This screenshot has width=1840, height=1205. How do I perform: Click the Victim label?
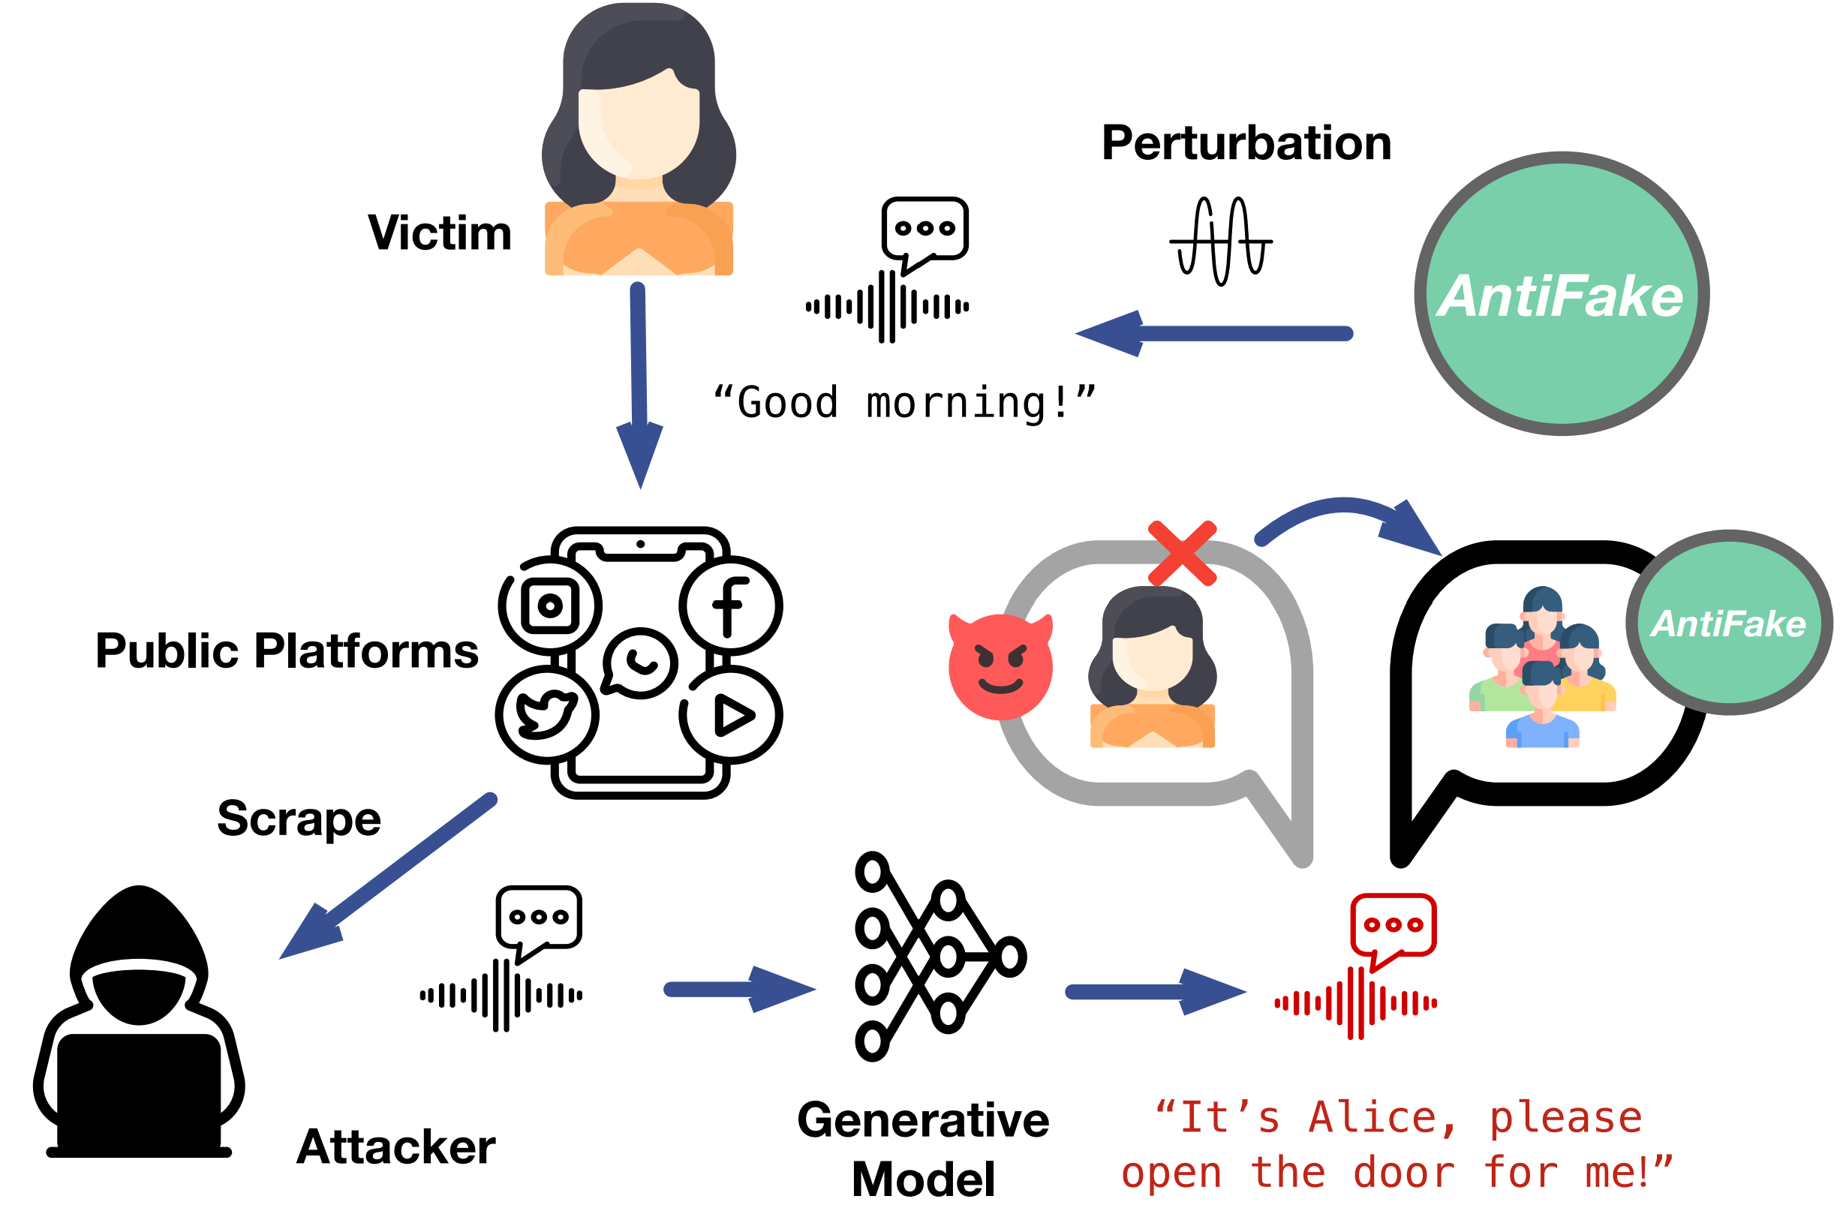coord(439,233)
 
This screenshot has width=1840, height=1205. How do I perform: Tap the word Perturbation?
coord(1246,143)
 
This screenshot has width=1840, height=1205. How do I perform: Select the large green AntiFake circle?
coord(1561,293)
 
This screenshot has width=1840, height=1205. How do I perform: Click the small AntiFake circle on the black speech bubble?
coord(1729,622)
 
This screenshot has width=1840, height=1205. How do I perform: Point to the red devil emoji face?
coord(1000,666)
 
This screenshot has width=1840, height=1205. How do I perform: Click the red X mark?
coord(1182,554)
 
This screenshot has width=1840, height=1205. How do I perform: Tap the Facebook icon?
coord(731,606)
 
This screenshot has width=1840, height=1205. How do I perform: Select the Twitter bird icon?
coord(546,714)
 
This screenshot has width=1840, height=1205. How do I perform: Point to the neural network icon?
coord(940,957)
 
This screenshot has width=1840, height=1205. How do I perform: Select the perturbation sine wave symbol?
coord(1221,241)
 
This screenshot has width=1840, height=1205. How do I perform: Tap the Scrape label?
coord(299,818)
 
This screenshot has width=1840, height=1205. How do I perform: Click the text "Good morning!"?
coord(904,403)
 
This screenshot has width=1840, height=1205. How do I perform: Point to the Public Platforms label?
coord(287,650)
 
